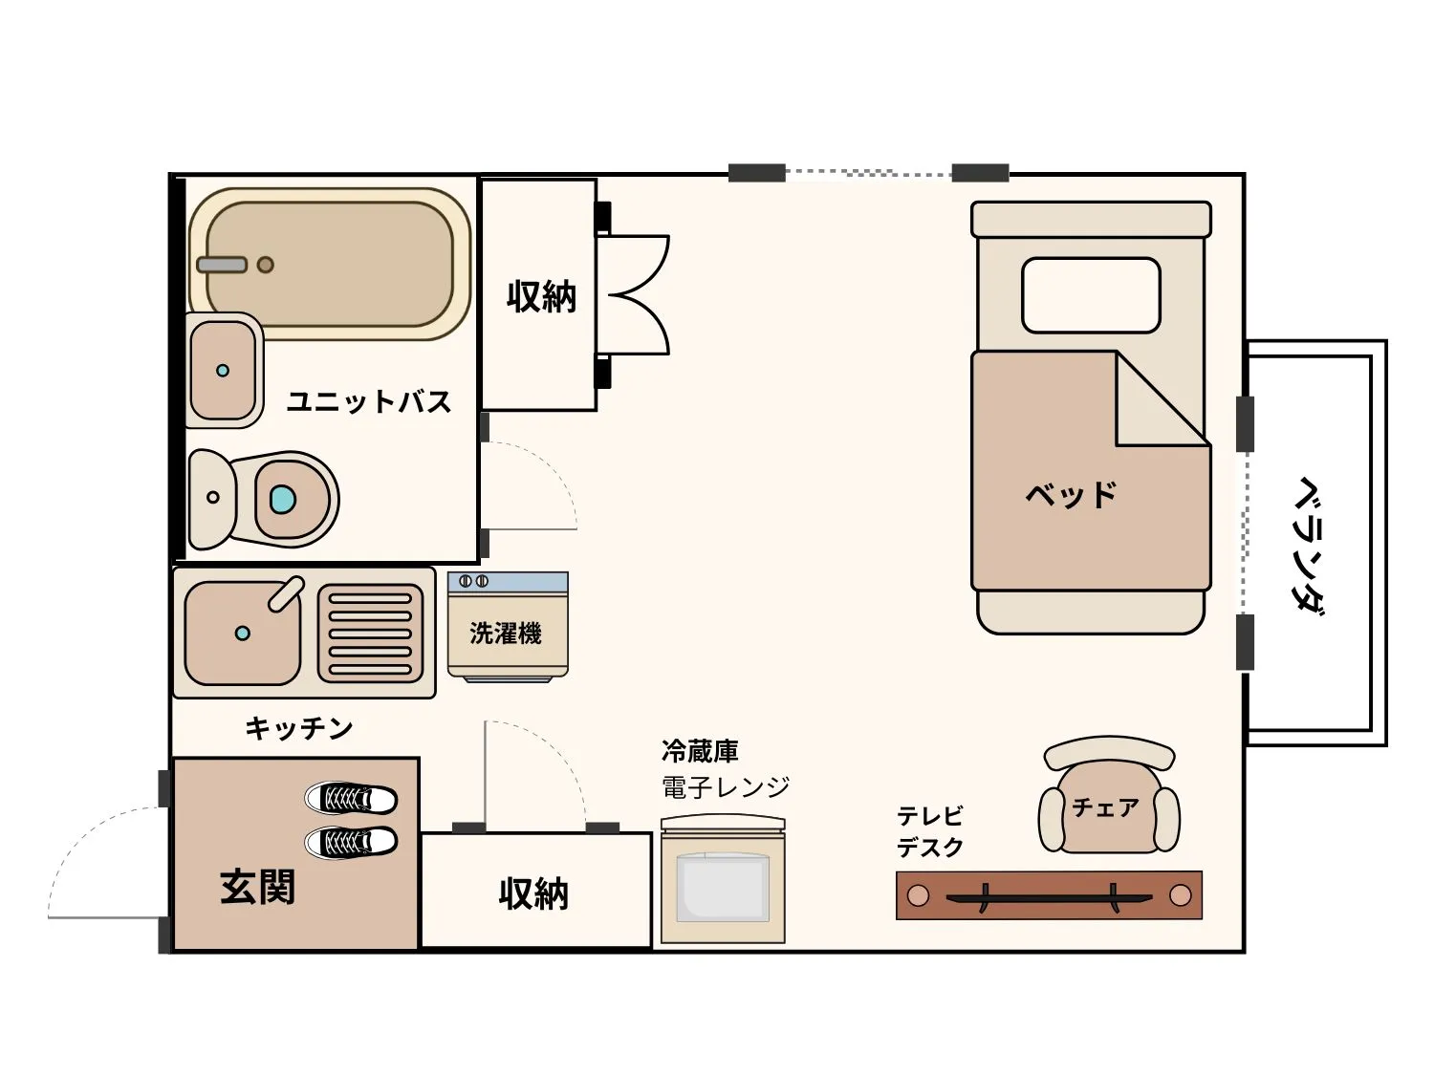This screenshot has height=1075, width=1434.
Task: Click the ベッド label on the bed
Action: (x=1071, y=495)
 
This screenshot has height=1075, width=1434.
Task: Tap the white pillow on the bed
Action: (x=1091, y=295)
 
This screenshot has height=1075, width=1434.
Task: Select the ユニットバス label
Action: (x=369, y=401)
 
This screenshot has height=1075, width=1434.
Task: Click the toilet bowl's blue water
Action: (x=283, y=499)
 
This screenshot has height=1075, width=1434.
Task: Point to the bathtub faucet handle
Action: (x=222, y=265)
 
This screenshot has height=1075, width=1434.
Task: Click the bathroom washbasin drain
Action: (x=223, y=371)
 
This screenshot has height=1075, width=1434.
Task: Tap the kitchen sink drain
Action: (x=243, y=633)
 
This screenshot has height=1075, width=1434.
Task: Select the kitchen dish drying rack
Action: (x=370, y=633)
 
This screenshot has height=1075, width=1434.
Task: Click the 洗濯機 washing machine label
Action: (x=506, y=633)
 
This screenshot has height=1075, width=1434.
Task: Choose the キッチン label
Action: (x=299, y=728)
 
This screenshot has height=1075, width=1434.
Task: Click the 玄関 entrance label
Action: (x=257, y=887)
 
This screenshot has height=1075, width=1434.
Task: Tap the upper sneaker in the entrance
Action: (x=351, y=798)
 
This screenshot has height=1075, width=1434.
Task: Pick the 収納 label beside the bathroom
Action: (x=541, y=297)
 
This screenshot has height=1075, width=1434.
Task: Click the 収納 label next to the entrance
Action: (x=533, y=893)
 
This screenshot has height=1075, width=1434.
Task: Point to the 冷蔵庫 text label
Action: (x=700, y=751)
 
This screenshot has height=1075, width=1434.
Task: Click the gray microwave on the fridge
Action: (x=724, y=889)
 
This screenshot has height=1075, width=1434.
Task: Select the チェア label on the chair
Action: (x=1105, y=807)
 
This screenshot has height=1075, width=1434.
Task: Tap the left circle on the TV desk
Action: (x=918, y=895)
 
